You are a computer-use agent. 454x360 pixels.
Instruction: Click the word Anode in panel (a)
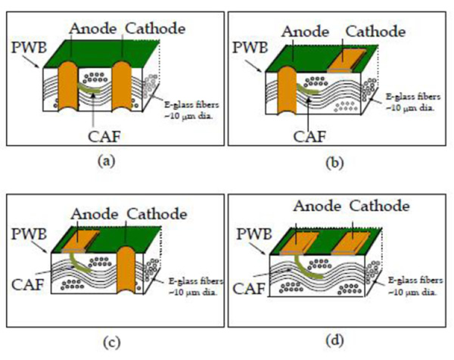93,29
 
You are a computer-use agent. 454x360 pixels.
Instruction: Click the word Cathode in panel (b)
375,31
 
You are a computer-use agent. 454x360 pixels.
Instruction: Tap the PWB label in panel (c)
29,234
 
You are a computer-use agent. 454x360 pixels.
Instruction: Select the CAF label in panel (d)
249,288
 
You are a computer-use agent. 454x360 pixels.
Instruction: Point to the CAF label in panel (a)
104,137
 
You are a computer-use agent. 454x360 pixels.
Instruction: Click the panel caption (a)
107,161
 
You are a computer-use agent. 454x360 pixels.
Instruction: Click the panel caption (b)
334,163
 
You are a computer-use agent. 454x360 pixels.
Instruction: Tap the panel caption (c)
112,343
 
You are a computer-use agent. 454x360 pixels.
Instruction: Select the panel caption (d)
334,340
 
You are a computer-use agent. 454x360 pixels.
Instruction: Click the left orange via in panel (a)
68,86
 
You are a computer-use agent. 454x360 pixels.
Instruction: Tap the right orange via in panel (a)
122,86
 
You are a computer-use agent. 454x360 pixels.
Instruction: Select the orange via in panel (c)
126,270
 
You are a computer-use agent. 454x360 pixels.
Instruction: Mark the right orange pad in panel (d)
350,244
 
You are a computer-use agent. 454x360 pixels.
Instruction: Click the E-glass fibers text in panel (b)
413,97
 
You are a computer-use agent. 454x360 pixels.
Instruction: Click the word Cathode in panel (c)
157,214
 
